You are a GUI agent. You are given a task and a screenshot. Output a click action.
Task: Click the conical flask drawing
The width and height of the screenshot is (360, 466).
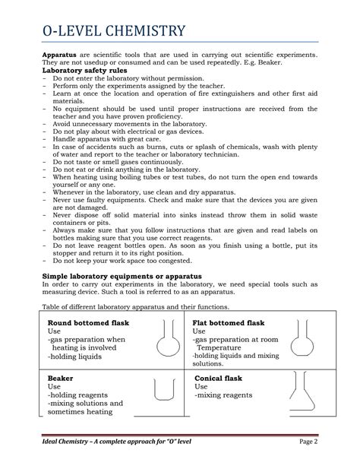point(308,392)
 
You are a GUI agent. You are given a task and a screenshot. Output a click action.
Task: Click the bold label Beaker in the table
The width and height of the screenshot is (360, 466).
point(61,377)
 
